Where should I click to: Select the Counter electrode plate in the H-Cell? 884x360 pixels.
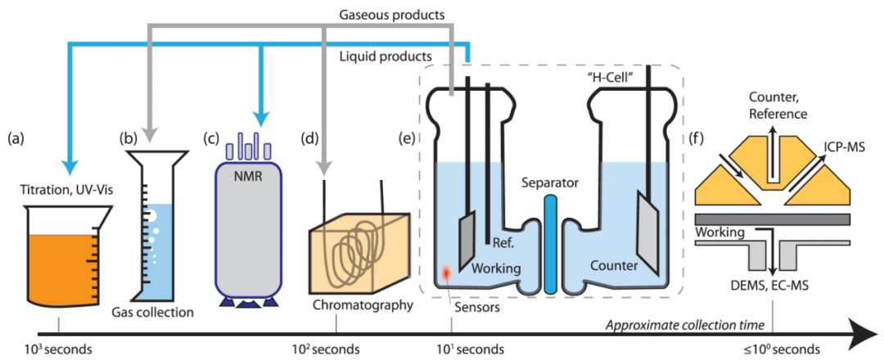tap(648, 233)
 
